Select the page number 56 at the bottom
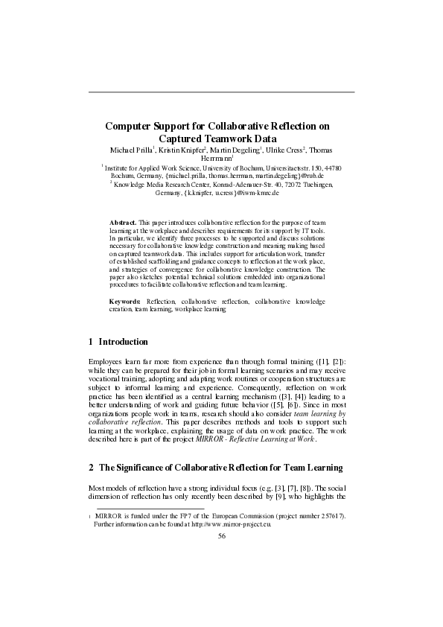[x=221, y=535]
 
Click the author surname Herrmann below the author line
[x=217, y=159]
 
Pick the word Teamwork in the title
[x=221, y=138]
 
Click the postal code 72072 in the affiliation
[x=284, y=182]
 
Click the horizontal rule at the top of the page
[x=221, y=92]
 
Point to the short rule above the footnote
[x=135, y=509]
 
